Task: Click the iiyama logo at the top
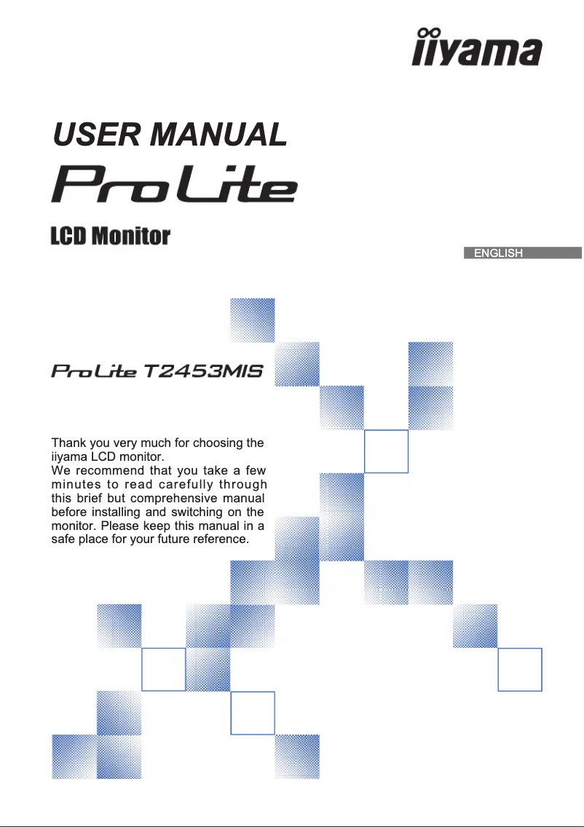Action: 478,49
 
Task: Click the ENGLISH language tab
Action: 498,253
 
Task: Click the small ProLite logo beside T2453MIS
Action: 94,372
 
